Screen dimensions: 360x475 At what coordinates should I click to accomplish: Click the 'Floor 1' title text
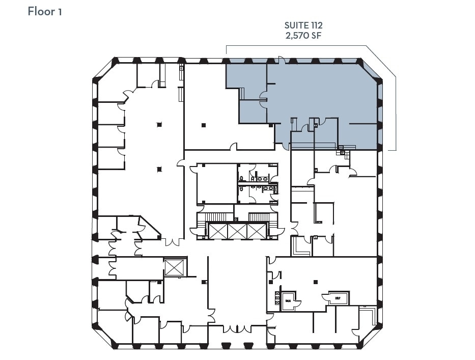45,11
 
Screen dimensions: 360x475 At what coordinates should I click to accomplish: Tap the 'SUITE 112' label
303,25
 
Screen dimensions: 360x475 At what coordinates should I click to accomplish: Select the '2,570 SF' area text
303,36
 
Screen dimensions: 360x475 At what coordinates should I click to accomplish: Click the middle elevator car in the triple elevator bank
238,231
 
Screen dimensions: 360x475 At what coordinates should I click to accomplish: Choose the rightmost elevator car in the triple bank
257,231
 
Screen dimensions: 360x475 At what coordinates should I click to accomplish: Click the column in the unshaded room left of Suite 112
203,125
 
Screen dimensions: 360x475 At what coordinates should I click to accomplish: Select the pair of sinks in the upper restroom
262,179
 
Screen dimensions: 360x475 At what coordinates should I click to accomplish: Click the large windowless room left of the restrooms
216,183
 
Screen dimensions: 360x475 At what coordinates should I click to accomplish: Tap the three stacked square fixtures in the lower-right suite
277,297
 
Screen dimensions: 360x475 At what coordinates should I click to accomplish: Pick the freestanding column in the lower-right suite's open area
316,282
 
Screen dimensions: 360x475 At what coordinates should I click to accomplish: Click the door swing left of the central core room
180,163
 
